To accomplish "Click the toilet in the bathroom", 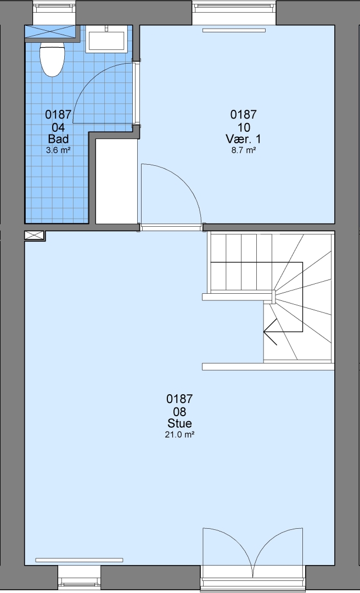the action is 52,59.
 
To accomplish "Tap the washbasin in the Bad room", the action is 106,40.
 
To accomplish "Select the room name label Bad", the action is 58,138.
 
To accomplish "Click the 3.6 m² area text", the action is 58,150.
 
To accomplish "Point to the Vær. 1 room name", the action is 244,139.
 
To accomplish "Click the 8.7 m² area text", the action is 244,150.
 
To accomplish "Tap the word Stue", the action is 179,423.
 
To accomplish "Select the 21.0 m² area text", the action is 179,434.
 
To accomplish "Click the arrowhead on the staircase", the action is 269,332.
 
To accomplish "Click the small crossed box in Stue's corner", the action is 35,235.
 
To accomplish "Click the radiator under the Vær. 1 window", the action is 234,30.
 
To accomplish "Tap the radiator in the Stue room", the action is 79,560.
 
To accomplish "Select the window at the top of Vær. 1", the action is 234,12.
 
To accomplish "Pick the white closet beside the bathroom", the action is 116,182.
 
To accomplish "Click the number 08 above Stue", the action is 179,411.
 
